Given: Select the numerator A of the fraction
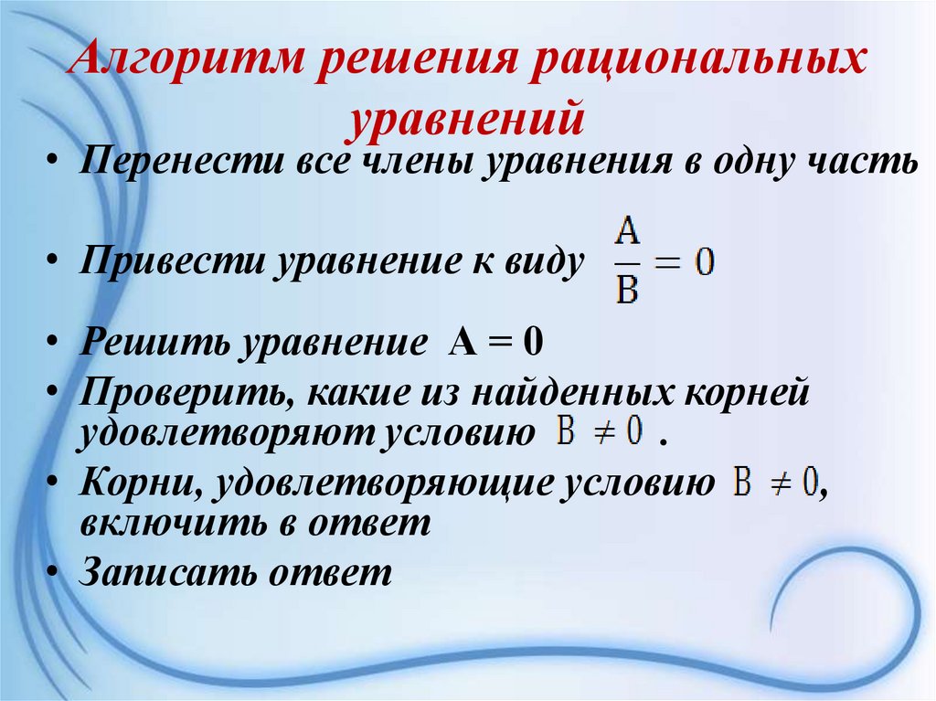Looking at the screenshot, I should tap(626, 236).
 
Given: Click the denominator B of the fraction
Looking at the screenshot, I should tap(626, 292).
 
